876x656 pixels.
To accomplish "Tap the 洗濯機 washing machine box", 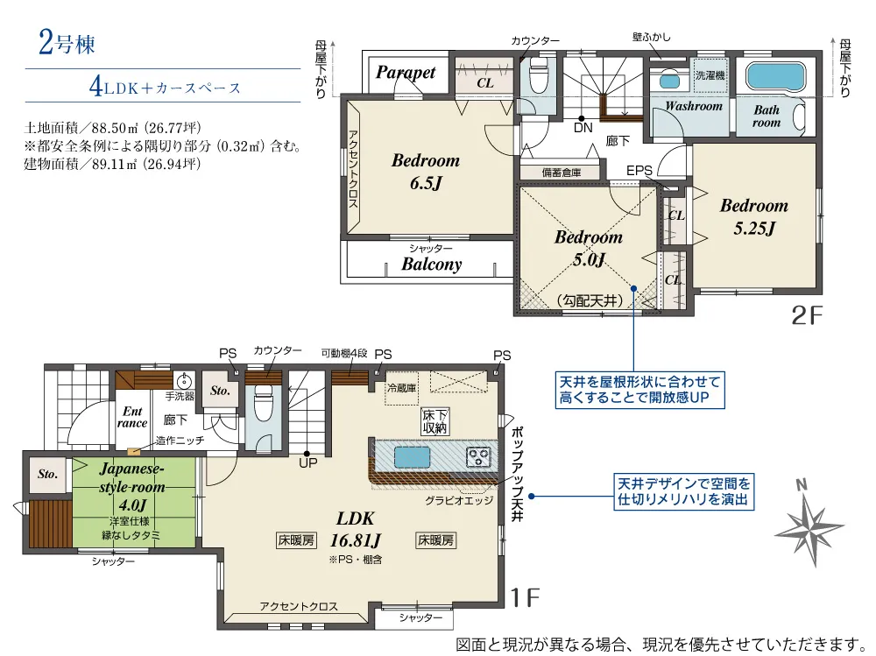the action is pos(710,74).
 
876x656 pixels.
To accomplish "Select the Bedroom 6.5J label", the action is pos(426,172).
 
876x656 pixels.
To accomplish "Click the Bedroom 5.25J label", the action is pos(754,217).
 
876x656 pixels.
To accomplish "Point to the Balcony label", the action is pos(431,265).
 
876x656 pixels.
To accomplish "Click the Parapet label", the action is pos(406,73).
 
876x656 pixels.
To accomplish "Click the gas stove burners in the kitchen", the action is pos(479,458).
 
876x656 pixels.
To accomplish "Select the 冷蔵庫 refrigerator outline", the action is pos(402,388).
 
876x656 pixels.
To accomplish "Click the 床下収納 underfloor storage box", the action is pos(436,421).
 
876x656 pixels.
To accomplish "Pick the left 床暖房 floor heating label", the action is pos(296,540).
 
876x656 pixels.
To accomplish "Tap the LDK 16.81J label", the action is pos(356,529).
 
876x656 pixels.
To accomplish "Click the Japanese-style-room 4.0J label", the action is pos(132,487).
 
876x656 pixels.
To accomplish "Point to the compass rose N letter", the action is pos(802,484).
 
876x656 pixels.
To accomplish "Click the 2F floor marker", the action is pos(808,316).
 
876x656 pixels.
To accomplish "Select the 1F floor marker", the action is pos(525,598).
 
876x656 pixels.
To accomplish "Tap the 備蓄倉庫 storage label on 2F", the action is pos(562,173).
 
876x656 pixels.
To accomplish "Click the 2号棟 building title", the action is pos(67,43).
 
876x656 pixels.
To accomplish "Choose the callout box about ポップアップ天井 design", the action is pos(684,491).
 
